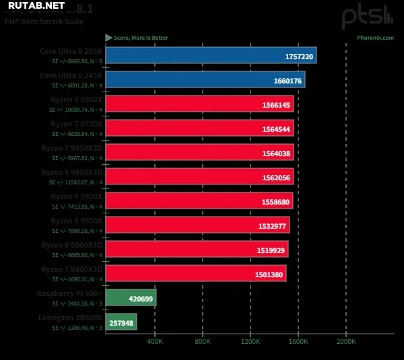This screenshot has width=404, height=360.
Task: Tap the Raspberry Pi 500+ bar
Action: coord(131,297)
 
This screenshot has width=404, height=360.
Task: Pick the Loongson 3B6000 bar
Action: coord(121,322)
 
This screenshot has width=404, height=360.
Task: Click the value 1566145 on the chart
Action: coord(275,105)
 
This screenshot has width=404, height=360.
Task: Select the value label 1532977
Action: coord(271,225)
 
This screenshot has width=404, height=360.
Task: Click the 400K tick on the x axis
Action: coord(155,342)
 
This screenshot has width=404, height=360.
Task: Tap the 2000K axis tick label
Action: coord(346,342)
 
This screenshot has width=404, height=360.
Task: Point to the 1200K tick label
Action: coord(250,342)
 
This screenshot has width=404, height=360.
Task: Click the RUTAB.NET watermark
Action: coord(37,6)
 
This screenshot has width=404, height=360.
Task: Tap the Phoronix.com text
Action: coord(375,38)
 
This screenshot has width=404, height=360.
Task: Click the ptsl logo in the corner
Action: coord(366,16)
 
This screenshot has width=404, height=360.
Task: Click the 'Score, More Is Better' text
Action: coord(140,38)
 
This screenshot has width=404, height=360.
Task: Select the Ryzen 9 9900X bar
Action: coord(199,201)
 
